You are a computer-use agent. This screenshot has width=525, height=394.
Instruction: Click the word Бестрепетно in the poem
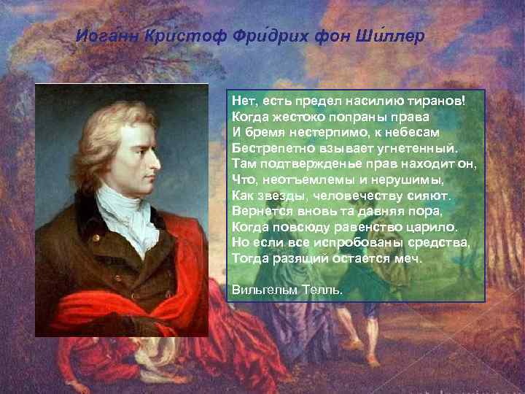tap(263, 147)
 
